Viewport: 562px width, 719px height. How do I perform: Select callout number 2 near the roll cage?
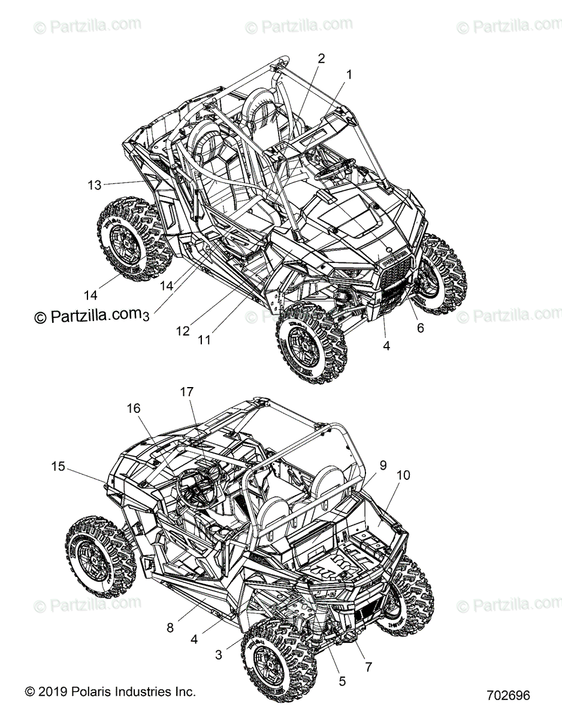(321, 59)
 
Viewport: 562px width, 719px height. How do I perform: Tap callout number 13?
(95, 185)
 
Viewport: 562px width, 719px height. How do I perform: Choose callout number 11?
(204, 340)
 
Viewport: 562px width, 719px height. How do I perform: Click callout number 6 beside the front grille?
(420, 328)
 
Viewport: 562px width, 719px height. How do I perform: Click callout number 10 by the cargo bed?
(403, 475)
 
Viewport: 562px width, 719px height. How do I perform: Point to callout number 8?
(170, 628)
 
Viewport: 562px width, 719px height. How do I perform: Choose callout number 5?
(342, 681)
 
